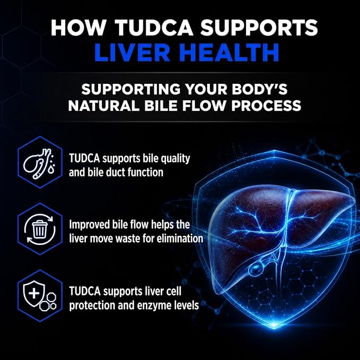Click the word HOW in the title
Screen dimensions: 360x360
click(x=78, y=28)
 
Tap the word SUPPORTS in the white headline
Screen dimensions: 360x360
click(x=259, y=28)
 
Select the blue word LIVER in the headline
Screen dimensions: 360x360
click(x=132, y=52)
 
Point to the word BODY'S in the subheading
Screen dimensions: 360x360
click(x=259, y=89)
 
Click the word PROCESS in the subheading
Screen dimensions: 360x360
click(x=266, y=106)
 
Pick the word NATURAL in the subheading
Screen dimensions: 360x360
click(x=104, y=106)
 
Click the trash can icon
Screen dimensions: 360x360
click(x=40, y=229)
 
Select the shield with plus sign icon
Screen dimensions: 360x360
click(x=34, y=293)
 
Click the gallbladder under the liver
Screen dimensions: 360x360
click(x=257, y=269)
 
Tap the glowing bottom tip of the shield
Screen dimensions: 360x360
click(x=274, y=325)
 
